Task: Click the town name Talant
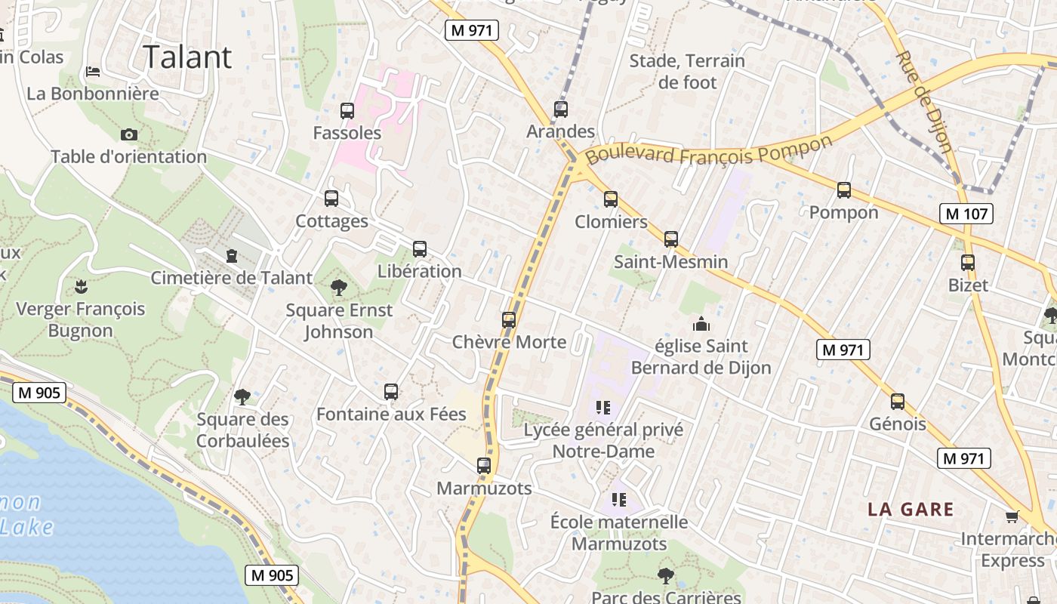click(x=186, y=57)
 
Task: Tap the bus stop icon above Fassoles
click(x=347, y=111)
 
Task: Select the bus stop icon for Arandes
click(x=560, y=109)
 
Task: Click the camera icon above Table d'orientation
click(x=129, y=134)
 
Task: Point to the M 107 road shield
click(x=966, y=214)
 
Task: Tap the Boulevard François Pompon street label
click(x=709, y=150)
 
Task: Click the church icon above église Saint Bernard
click(x=701, y=325)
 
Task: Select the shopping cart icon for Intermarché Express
click(x=1012, y=517)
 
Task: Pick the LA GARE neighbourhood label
click(x=911, y=509)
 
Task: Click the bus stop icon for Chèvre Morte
click(x=509, y=320)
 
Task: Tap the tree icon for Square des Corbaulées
click(x=242, y=397)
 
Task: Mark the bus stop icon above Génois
click(x=898, y=402)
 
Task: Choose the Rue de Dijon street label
click(x=923, y=101)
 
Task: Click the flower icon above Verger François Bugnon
click(x=80, y=286)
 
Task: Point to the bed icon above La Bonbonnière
click(x=93, y=72)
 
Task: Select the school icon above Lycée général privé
click(x=602, y=408)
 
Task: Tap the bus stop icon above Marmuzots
click(x=484, y=466)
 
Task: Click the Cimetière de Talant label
click(x=231, y=277)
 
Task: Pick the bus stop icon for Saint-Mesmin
click(x=671, y=239)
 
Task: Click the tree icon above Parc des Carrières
click(x=665, y=576)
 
